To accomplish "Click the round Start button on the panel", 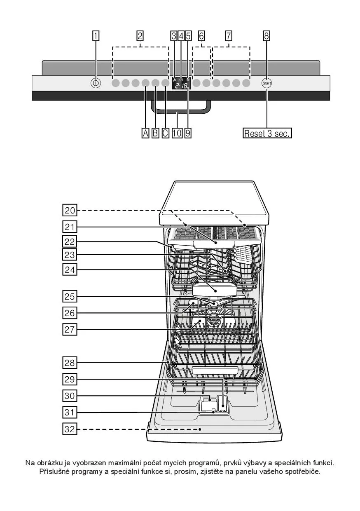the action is pos(266,83).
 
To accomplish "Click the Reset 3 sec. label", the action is pos(267,133).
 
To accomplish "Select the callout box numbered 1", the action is pos(96,36).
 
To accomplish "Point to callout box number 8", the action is pos(266,36).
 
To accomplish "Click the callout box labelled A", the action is pos(145,133).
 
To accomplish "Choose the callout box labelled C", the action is pos(165,133).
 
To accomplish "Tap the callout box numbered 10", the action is pos(177,133).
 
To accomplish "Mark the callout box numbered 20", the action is pos(70,210).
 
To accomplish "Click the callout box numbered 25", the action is pos(70,296).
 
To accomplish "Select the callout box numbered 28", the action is pos(70,363).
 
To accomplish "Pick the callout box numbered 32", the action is pos(70,429).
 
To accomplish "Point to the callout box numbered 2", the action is pos(140,36).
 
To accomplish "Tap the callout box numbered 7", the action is pos(229,36).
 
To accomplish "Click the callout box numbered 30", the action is pos(70,396).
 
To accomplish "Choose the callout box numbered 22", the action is pos(70,241).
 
